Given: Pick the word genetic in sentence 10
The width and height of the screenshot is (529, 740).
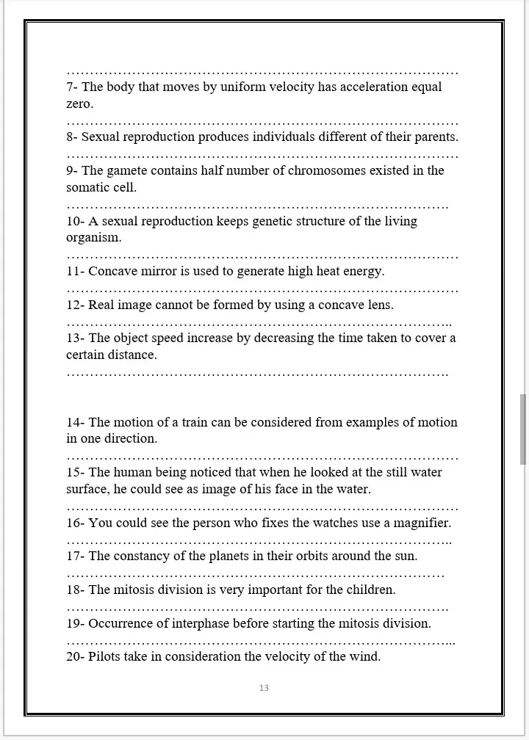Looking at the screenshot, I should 273,222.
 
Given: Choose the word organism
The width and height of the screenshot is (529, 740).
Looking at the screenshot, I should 93,238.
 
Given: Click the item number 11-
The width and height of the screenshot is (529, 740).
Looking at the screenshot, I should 76,272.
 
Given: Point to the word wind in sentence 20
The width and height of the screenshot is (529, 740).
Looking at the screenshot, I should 366,657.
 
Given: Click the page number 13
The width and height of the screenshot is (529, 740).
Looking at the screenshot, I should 264,688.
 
